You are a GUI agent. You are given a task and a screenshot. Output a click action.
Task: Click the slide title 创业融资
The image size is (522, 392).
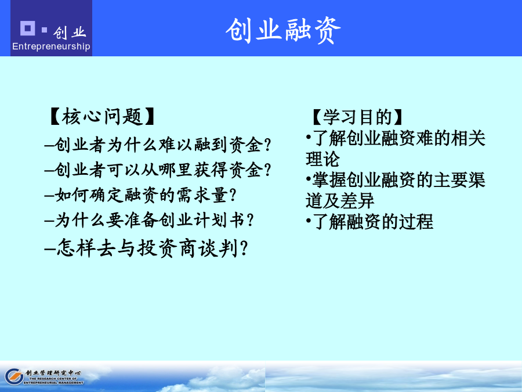click(283, 31)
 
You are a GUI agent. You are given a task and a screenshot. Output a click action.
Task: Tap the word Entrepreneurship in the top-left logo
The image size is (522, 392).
click(51, 46)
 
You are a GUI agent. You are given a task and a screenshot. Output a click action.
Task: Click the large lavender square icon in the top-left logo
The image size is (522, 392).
click(28, 28)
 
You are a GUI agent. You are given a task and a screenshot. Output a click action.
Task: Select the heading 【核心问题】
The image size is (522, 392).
click(102, 116)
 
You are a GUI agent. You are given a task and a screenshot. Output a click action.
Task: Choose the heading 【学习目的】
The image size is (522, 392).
click(357, 117)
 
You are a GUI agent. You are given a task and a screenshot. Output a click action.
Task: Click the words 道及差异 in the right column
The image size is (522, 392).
click(340, 201)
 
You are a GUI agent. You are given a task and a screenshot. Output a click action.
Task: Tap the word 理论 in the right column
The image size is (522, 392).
click(322, 159)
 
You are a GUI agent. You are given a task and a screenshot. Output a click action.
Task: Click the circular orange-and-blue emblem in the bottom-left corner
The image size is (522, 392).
click(14, 377)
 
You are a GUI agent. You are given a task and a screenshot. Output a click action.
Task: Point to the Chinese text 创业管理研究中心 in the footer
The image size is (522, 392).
click(53, 373)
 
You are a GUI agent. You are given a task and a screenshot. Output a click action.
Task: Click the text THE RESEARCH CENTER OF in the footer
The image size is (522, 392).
click(53, 379)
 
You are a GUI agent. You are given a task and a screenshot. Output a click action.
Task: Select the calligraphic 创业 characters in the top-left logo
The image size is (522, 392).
click(70, 33)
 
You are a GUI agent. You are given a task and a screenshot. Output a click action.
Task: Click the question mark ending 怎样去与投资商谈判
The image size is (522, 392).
click(244, 249)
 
